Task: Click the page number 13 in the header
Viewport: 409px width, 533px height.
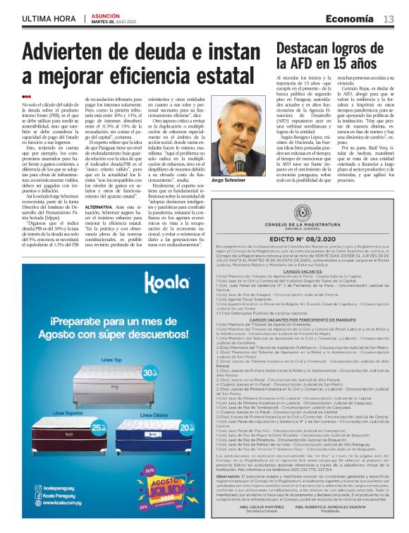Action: [389, 20]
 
